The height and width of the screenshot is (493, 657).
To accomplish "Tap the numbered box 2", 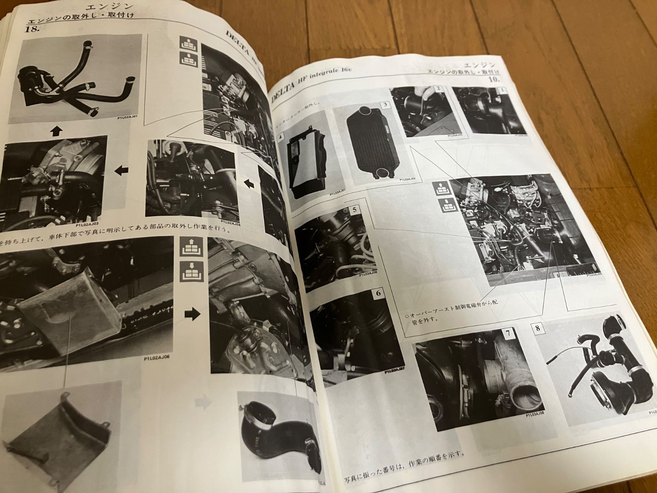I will tap(439, 88).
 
